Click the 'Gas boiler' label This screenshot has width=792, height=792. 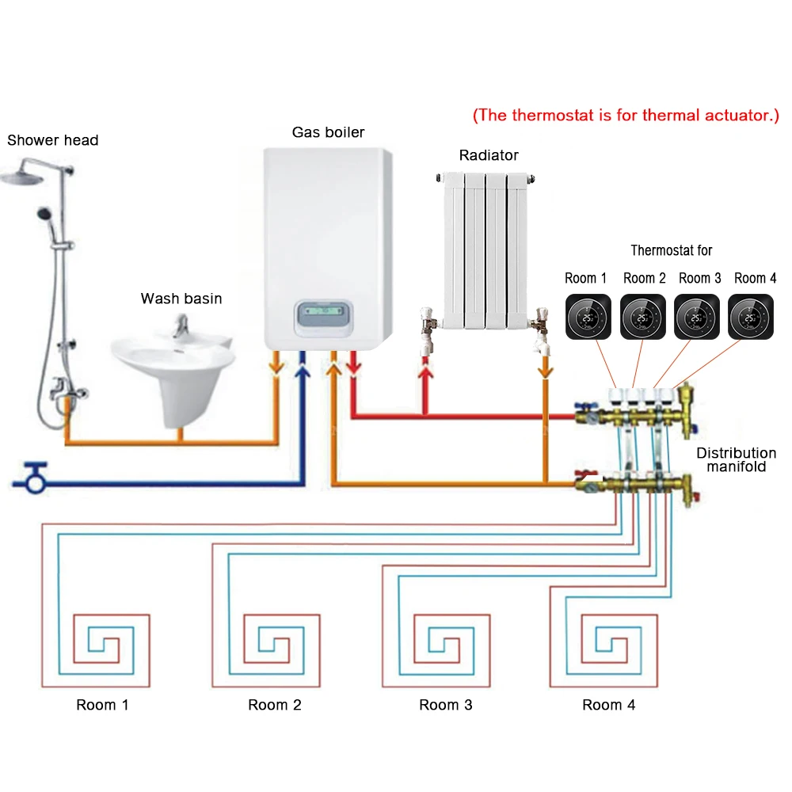point(328,132)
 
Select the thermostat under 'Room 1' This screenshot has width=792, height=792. point(587,317)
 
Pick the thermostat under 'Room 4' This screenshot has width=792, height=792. point(751,317)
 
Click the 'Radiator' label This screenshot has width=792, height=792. point(489,155)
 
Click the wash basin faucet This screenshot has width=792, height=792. point(182,325)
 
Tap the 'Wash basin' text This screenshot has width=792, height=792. point(181,299)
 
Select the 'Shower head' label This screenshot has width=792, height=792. point(53,141)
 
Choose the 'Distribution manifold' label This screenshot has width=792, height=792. point(736,460)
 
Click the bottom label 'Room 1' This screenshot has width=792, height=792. point(102,705)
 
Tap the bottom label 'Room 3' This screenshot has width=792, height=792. point(446,705)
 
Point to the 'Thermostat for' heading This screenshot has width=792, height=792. point(672,250)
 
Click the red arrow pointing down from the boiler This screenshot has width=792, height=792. point(355,364)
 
